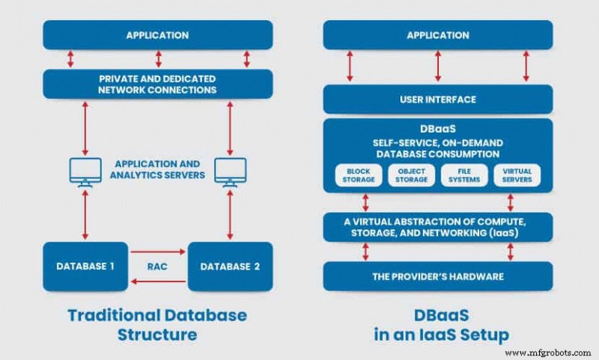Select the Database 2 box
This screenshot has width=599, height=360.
[x=228, y=266]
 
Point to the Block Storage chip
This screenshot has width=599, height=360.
[x=358, y=175]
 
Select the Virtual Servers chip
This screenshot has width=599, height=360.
[x=517, y=175]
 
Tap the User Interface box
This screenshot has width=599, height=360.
[x=437, y=100]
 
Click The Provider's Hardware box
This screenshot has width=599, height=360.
[x=437, y=276]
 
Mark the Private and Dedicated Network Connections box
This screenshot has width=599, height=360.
[x=157, y=84]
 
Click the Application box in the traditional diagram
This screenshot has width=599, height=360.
[x=157, y=35]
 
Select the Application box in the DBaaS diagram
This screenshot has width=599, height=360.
[x=437, y=35]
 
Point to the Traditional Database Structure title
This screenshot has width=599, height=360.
[x=157, y=323]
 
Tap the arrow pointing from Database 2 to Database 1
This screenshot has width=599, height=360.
[x=157, y=281]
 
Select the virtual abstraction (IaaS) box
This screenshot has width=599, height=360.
[x=437, y=227]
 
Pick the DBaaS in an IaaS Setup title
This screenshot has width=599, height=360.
[x=437, y=323]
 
